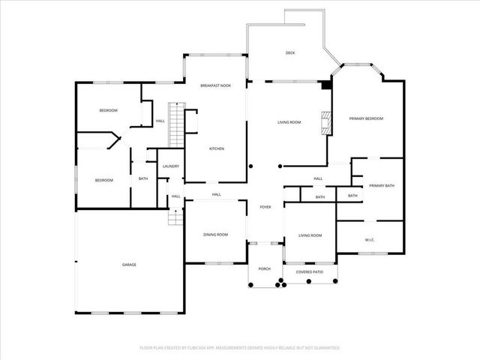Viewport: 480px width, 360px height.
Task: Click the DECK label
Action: pyautogui.click(x=289, y=52)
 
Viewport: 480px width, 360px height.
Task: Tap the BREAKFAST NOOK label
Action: pyautogui.click(x=215, y=85)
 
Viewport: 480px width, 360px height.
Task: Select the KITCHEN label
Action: pyautogui.click(x=217, y=148)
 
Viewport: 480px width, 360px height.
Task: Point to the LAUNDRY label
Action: pyautogui.click(x=170, y=166)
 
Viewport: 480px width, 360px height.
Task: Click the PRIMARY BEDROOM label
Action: pyautogui.click(x=366, y=118)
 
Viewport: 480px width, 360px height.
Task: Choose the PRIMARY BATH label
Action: pyautogui.click(x=381, y=185)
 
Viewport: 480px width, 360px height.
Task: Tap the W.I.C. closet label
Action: pyautogui.click(x=370, y=241)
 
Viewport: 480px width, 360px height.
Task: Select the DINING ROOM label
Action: pyautogui.click(x=215, y=235)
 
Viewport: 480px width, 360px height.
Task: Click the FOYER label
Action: pyautogui.click(x=265, y=207)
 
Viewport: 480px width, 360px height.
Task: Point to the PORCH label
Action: pyautogui.click(x=264, y=268)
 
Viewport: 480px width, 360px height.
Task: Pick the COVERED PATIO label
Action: pyautogui.click(x=310, y=271)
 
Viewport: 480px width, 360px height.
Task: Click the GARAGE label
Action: pyautogui.click(x=129, y=265)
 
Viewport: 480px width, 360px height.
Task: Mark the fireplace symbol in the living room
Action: pyautogui.click(x=325, y=123)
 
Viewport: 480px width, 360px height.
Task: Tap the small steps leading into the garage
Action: pyautogui.click(x=175, y=217)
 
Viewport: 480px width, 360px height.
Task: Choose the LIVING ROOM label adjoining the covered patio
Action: pyautogui.click(x=310, y=235)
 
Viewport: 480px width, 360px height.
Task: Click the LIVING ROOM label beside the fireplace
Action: pyautogui.click(x=289, y=122)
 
